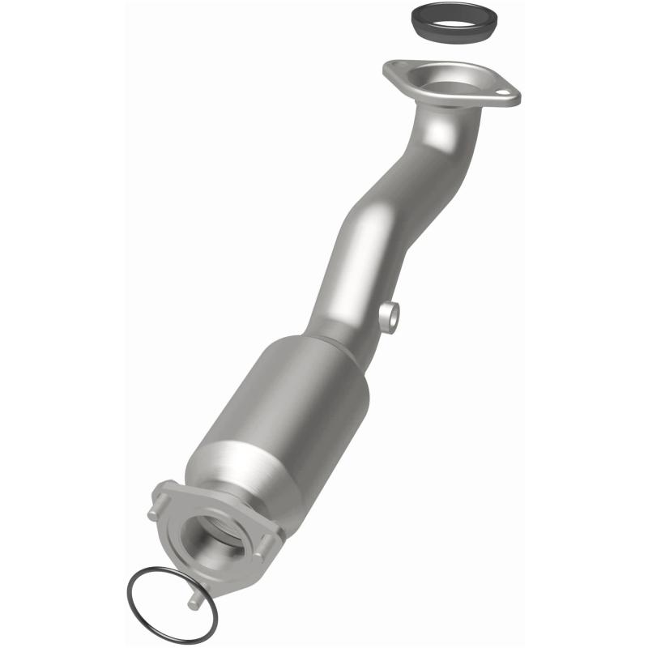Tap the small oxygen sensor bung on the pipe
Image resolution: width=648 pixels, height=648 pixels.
pos(388,317)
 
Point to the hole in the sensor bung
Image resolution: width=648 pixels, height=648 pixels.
pos(390,318)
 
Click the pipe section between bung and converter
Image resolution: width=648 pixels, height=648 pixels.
pos(344,320)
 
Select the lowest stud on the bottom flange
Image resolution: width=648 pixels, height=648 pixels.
pos(195,600)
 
